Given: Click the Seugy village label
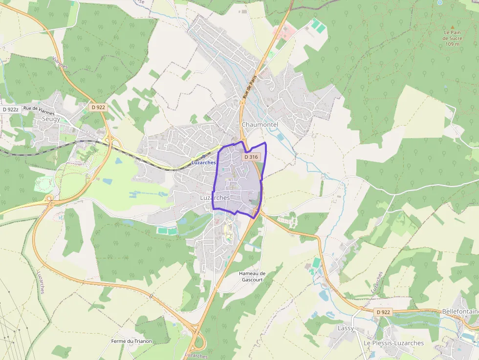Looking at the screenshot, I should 51,119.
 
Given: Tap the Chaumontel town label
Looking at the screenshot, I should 260,125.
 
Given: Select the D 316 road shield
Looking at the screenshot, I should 250,157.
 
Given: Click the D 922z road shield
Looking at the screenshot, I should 10,109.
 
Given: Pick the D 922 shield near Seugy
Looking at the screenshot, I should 98,107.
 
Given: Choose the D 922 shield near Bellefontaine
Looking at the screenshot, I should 384,312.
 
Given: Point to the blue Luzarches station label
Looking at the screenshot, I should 204,162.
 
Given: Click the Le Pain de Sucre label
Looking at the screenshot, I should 452,35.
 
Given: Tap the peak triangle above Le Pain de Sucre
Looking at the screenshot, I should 452,27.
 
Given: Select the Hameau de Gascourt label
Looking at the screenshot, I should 252,276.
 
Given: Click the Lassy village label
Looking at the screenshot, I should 346,328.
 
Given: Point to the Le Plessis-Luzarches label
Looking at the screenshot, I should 393,343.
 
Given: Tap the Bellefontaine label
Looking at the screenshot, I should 460,311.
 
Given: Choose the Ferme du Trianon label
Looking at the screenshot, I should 131,341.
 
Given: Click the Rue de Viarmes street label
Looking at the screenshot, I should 39,110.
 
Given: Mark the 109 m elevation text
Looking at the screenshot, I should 453,44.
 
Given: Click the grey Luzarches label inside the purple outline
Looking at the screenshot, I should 215,198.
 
